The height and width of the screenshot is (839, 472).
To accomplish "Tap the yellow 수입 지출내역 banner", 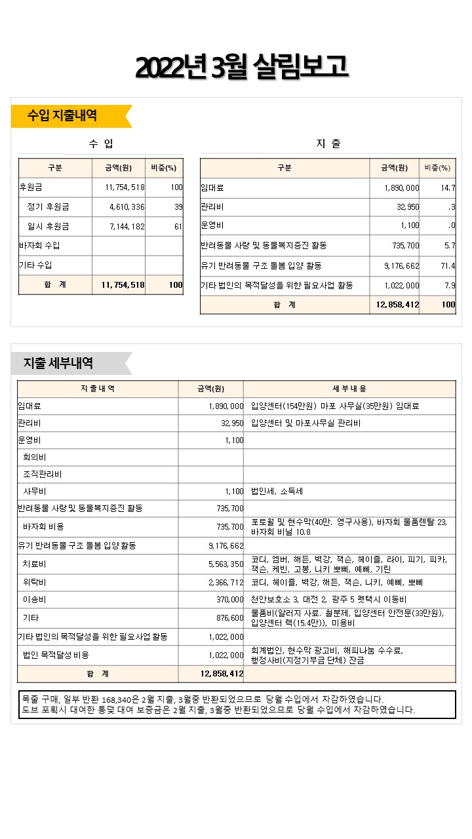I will pos(63,116).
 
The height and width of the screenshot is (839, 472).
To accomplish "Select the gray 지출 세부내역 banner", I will pos(58,363).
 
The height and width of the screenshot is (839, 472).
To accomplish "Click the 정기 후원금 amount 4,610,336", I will pos(127,207).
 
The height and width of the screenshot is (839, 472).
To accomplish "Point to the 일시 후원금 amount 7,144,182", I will pos(127,227).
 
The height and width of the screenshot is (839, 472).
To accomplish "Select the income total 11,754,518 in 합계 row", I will pos(123,285).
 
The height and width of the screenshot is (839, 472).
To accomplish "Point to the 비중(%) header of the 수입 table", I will pos(163,168).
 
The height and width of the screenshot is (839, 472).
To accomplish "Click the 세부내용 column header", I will pos(349,389).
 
